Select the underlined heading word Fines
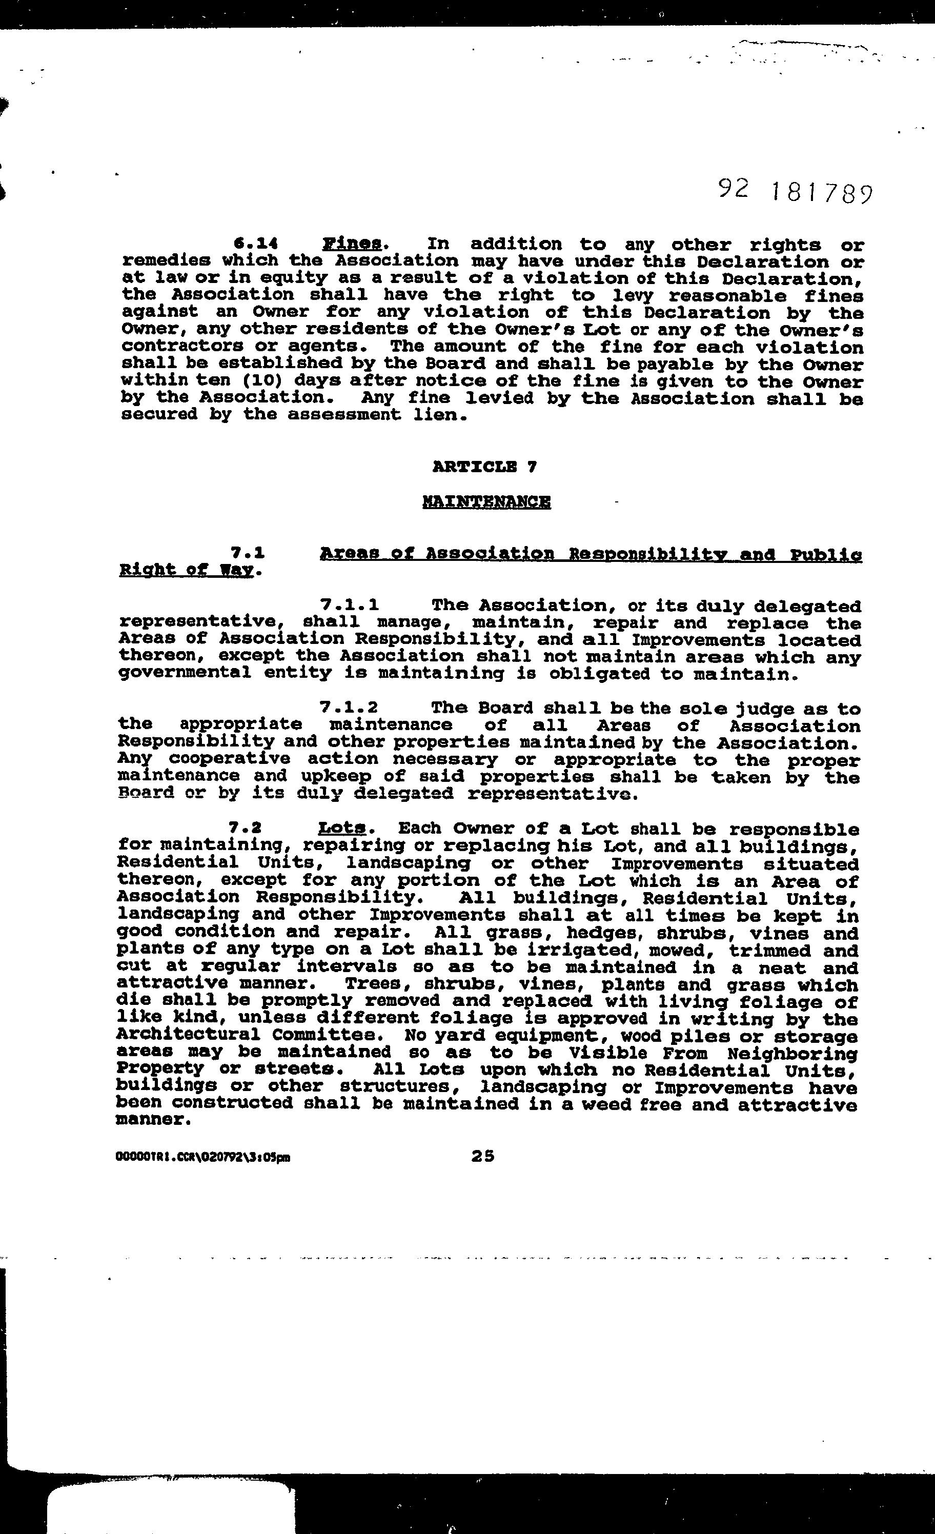click(x=352, y=244)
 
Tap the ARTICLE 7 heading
click(x=484, y=467)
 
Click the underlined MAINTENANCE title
click(x=486, y=501)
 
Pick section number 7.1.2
click(x=349, y=707)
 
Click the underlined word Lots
click(x=340, y=828)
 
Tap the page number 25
click(x=483, y=1156)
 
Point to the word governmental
click(x=184, y=673)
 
